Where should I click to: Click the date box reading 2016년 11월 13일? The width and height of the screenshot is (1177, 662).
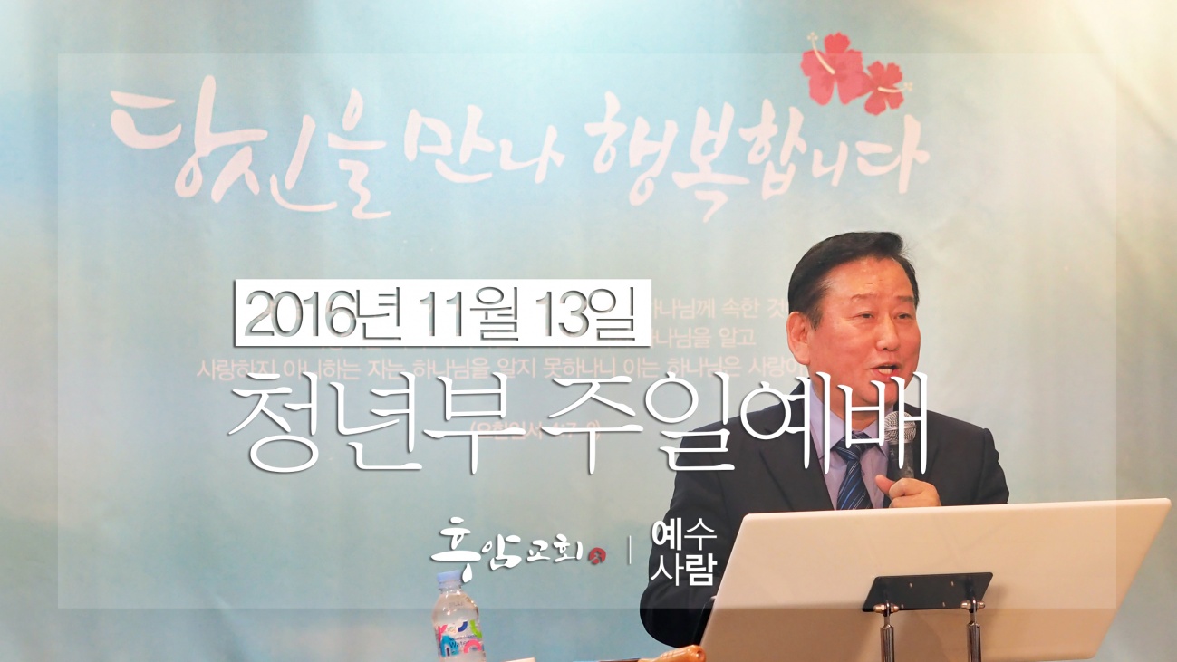point(442,312)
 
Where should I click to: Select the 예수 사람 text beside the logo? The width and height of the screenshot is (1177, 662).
point(682,555)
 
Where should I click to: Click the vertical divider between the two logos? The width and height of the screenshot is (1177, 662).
point(631,550)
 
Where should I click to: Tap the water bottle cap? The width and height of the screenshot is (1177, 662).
point(449,580)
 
